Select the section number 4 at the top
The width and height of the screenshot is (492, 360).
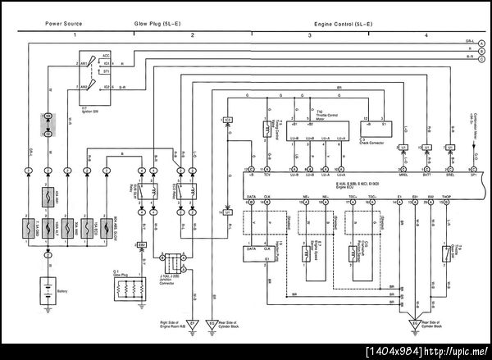426,37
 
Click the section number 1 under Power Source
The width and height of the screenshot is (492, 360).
75,37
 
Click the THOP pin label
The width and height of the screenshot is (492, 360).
445,198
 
